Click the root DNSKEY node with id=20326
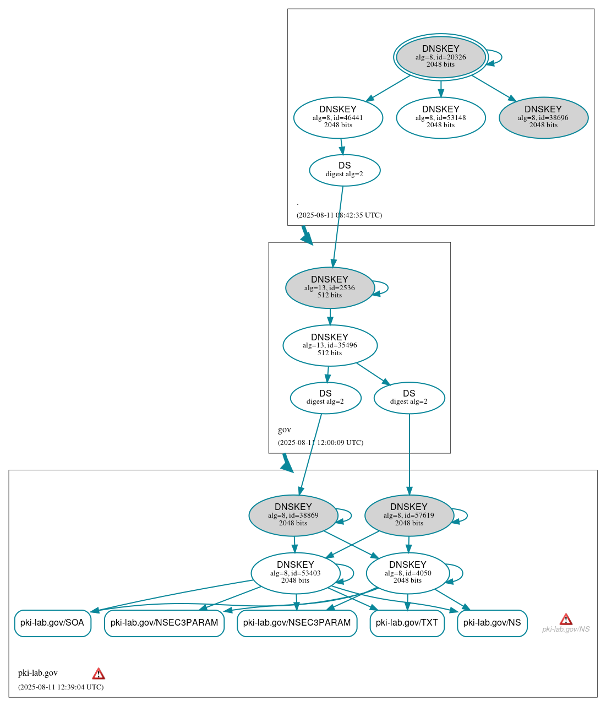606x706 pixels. (440, 57)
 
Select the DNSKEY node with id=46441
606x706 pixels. (338, 117)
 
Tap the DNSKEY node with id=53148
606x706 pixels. (440, 117)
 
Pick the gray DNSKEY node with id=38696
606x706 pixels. (543, 117)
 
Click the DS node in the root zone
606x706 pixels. (345, 170)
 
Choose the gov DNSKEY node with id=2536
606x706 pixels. (330, 287)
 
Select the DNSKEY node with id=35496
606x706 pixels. (330, 345)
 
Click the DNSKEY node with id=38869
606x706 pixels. (293, 515)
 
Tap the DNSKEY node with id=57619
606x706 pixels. (409, 515)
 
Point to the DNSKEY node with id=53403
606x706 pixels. (295, 573)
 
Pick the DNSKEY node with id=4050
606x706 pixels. (407, 573)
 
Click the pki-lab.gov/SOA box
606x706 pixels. (52, 623)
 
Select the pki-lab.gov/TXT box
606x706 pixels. (407, 623)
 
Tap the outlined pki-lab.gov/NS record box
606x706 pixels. (492, 623)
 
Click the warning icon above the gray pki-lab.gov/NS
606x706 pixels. (566, 619)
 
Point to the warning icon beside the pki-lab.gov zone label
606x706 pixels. (99, 674)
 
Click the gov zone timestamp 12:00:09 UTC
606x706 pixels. (320, 442)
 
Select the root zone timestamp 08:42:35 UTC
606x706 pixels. (339, 215)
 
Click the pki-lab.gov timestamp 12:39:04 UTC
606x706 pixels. (61, 687)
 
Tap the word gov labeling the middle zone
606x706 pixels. (285, 430)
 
